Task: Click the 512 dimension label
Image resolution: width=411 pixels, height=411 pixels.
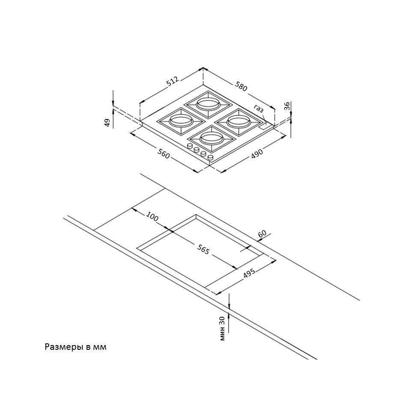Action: pos(173,81)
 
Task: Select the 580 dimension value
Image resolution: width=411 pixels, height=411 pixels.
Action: pos(241,86)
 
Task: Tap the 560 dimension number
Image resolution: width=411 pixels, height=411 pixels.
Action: pos(164,153)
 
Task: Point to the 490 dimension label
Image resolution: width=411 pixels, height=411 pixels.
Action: pos(257,154)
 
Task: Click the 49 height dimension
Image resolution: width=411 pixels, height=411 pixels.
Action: pos(107,123)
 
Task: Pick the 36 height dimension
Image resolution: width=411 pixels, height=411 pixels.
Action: pos(287,106)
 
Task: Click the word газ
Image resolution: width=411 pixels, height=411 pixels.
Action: pos(259,108)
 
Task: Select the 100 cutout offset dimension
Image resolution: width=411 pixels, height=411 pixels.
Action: pos(152,217)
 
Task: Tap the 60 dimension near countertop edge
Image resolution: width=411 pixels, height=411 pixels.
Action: pos(262,233)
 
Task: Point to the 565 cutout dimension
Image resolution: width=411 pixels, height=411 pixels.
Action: pos(203,250)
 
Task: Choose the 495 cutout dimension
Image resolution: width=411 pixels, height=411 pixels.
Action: pos(249,274)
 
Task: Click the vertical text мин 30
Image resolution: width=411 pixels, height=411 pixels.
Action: pos(222,328)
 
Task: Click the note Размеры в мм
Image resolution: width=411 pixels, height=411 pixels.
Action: pos(75,347)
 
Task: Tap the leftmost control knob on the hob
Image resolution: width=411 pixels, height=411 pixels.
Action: pos(190,146)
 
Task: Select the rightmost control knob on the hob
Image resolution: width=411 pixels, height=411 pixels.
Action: pos(211,157)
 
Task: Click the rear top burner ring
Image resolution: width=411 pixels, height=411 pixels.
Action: pos(208,104)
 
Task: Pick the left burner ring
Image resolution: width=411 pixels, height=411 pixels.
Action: pos(181,121)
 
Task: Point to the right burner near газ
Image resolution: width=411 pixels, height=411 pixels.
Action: pos(238,122)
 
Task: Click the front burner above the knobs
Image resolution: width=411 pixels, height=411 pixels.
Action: pos(211,138)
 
